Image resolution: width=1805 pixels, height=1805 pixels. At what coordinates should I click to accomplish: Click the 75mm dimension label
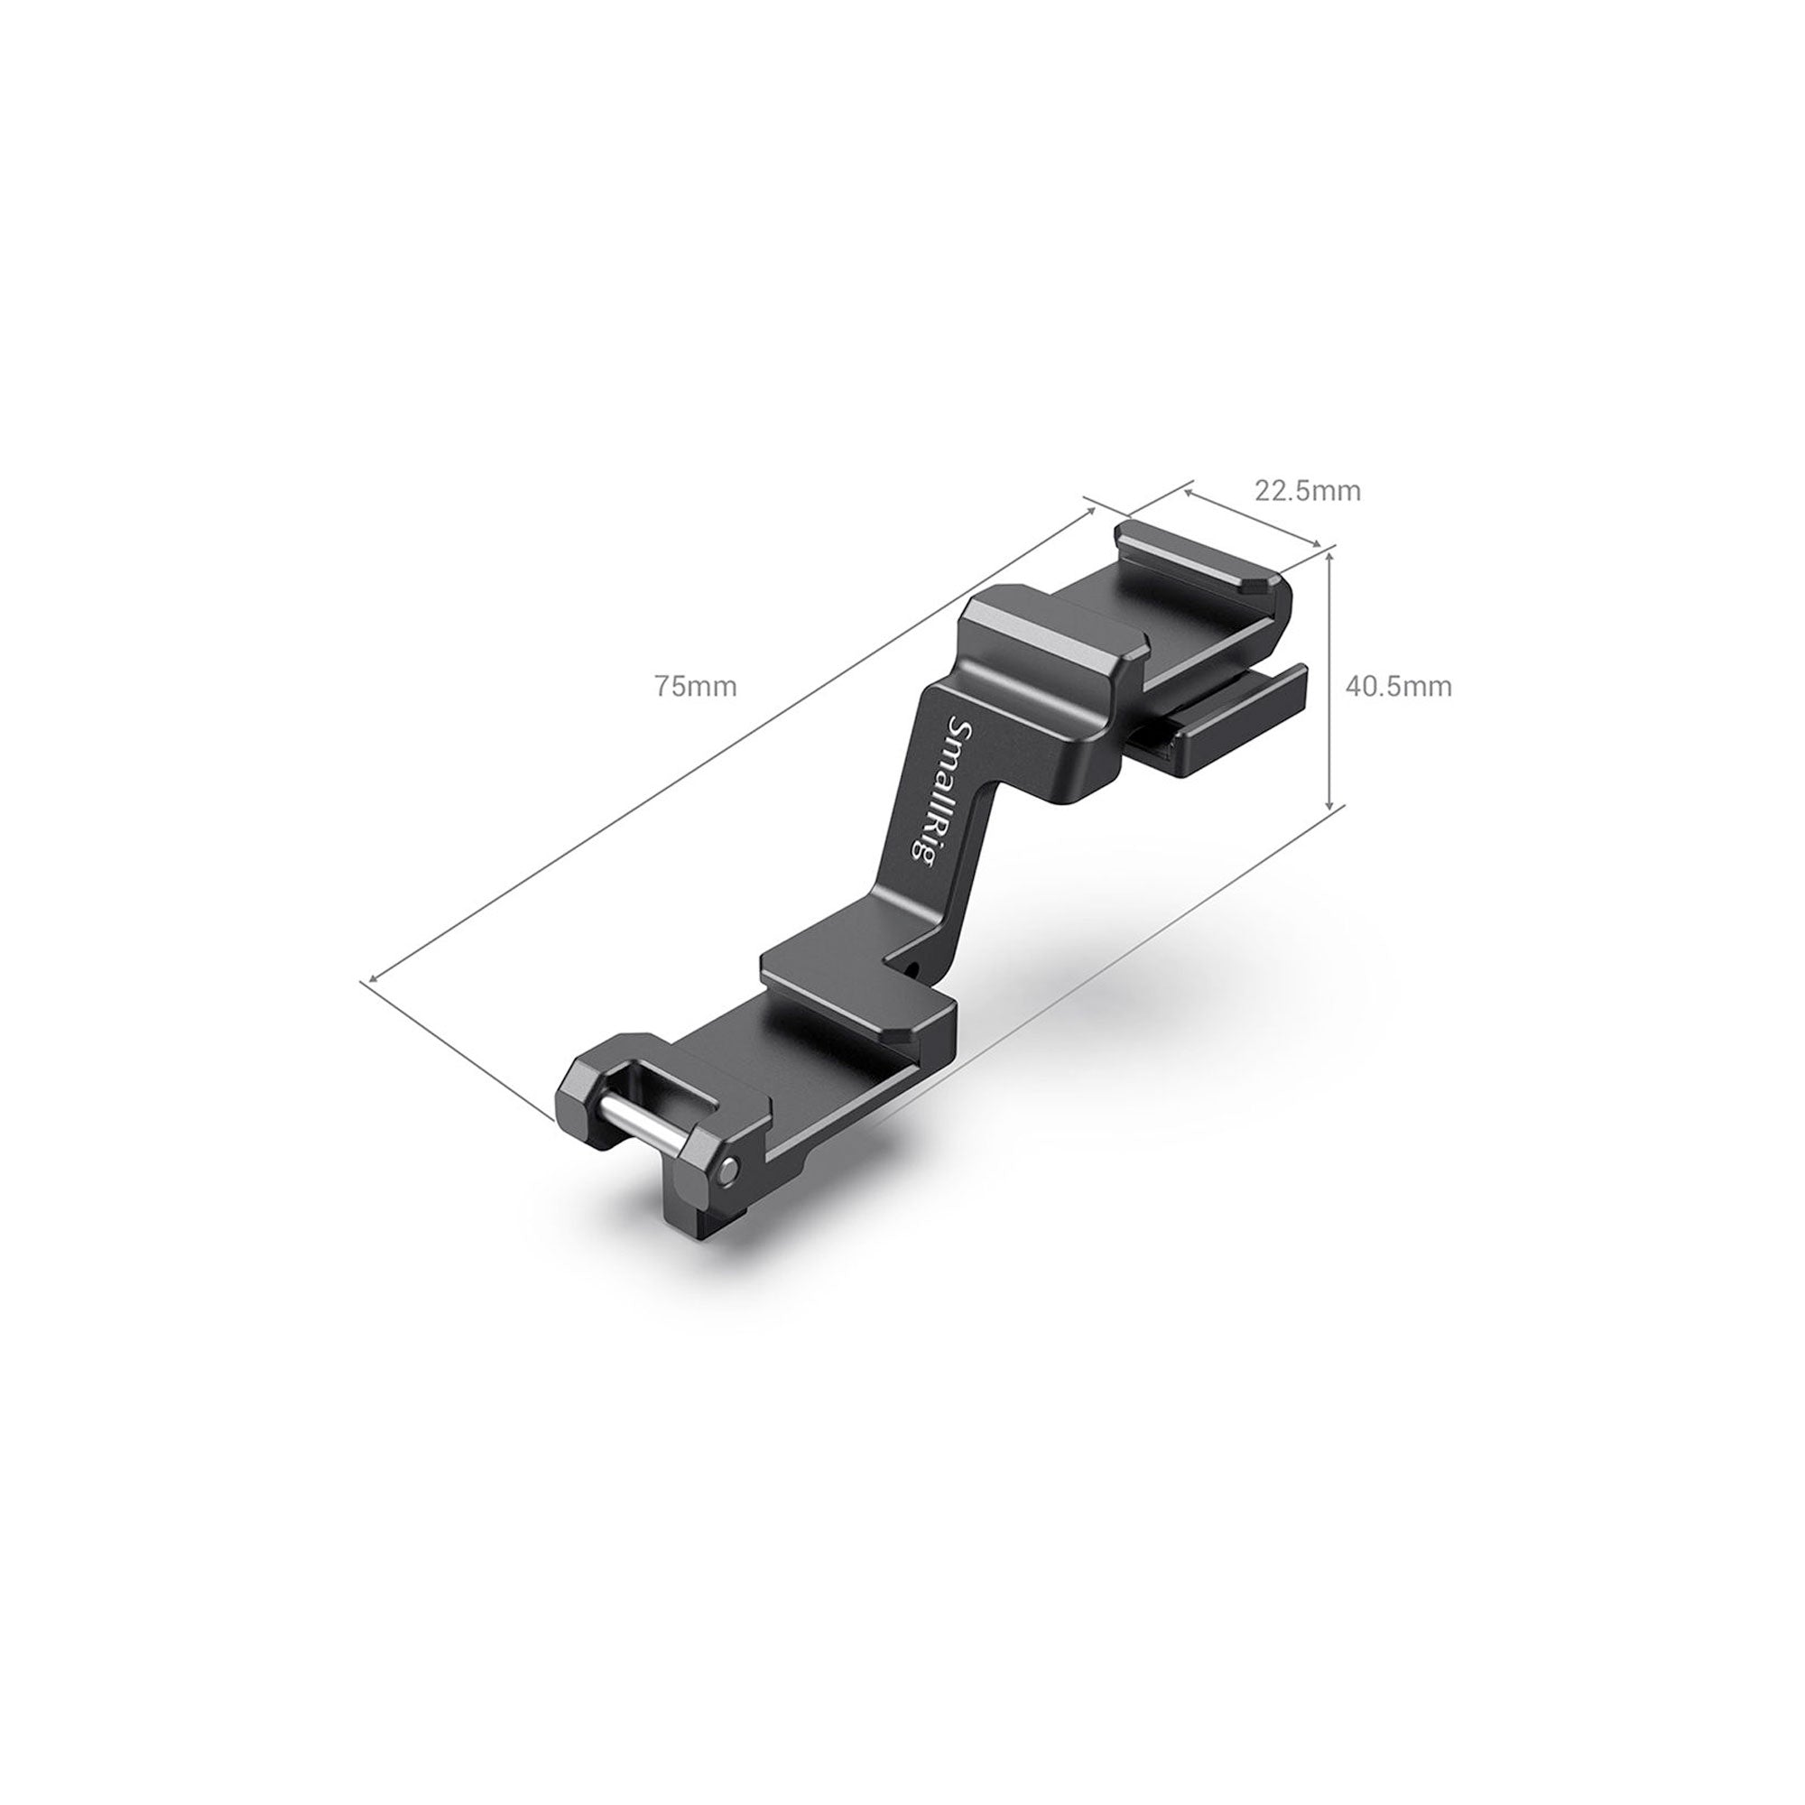tap(695, 687)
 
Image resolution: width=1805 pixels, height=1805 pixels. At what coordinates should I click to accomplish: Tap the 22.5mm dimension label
tap(1307, 490)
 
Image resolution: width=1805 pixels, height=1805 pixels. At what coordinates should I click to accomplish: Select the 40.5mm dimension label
tap(1399, 687)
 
